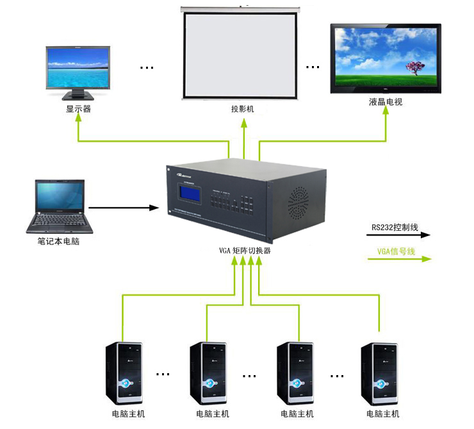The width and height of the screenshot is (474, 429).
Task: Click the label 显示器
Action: [78, 109]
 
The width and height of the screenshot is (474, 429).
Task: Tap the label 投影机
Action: [243, 109]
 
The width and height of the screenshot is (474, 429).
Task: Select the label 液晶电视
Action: [386, 103]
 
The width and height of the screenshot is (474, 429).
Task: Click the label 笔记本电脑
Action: [58, 242]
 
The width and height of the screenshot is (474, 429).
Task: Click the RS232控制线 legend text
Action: [395, 227]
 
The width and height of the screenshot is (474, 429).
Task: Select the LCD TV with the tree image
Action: [386, 58]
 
